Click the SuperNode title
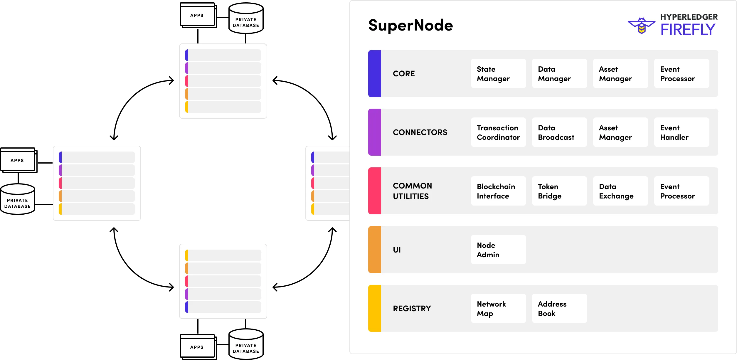pyautogui.click(x=410, y=26)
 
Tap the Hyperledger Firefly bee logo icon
pyautogui.click(x=641, y=26)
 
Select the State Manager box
pyautogui.click(x=498, y=74)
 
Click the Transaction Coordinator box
pyautogui.click(x=498, y=132)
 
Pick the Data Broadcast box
pyautogui.click(x=559, y=132)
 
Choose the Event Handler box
pyautogui.click(x=681, y=132)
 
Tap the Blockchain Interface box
pyautogui.click(x=498, y=191)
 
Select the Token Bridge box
pyautogui.click(x=559, y=191)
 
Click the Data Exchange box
pyautogui.click(x=620, y=191)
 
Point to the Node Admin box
pyautogui.click(x=498, y=250)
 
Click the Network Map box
pyautogui.click(x=498, y=309)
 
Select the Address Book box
pyautogui.click(x=559, y=309)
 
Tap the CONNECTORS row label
pyautogui.click(x=420, y=132)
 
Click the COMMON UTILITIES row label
pyautogui.click(x=412, y=191)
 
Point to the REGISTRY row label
pyautogui.click(x=412, y=309)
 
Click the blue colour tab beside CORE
pyautogui.click(x=375, y=74)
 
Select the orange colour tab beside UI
pyautogui.click(x=375, y=250)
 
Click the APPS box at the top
pyautogui.click(x=197, y=16)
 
